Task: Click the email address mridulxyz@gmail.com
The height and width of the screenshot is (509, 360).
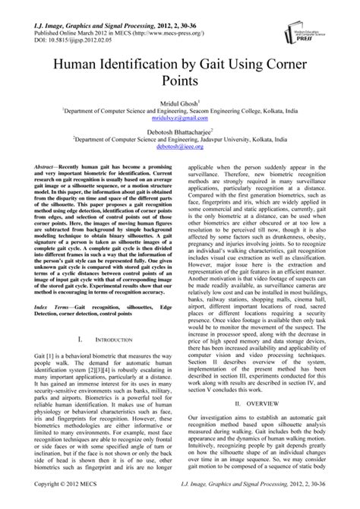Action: click(180, 119)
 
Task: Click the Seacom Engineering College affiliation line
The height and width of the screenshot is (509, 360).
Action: click(180, 111)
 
